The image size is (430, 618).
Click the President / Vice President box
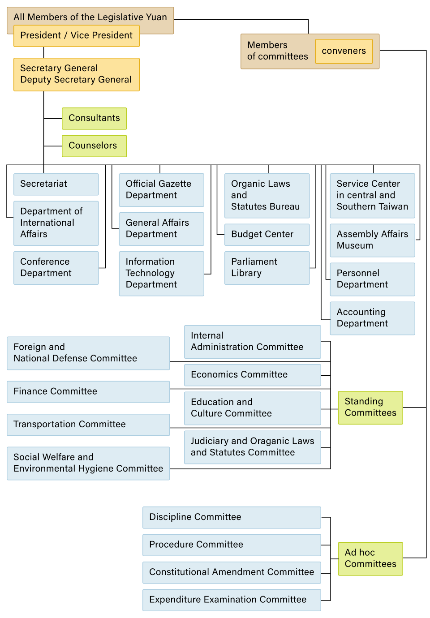pos(76,36)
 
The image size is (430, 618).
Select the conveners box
pos(344,51)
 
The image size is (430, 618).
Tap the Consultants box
pos(94,118)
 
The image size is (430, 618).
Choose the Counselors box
pos(94,146)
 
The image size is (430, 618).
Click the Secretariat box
pos(56,184)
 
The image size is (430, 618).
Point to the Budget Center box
pos(267,235)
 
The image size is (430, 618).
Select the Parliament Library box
pos(267,268)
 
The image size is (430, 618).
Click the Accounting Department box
pos(372,318)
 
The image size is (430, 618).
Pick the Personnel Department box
pos(372,279)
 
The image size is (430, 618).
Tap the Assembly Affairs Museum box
pos(372,240)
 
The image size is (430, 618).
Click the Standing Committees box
pos(370,408)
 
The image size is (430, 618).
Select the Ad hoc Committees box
pos(370,558)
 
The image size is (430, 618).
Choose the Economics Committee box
pos(252,375)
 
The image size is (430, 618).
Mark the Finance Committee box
pos(88,392)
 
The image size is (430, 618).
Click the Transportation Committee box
pos(88,425)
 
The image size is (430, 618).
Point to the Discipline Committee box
pos(232,517)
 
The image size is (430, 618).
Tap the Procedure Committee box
pos(232,545)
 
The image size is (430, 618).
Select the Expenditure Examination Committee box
pos(232,600)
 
